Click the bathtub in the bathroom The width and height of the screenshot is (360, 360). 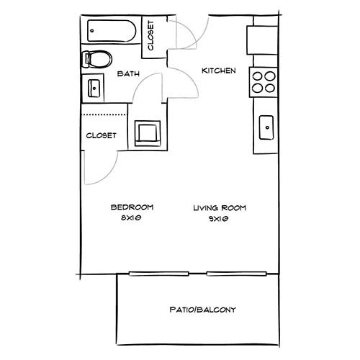110,32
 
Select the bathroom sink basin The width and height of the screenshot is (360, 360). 94,88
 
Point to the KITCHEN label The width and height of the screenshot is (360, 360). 219,71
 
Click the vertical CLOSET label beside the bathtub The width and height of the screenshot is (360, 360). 150,36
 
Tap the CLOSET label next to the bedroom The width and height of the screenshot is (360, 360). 101,135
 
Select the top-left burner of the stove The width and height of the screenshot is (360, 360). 258,76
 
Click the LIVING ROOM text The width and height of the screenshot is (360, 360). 219,208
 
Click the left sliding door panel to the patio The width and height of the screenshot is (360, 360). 168,274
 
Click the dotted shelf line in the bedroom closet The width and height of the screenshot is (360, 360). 104,114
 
